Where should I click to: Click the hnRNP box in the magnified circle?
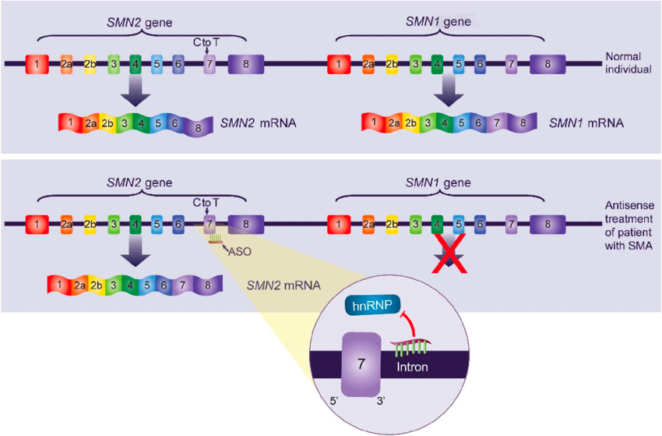[372, 305]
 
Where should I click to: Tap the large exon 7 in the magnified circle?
[361, 364]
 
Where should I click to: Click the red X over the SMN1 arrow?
[449, 253]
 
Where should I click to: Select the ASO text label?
[239, 252]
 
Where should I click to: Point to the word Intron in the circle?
[412, 367]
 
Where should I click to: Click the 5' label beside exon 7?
[333, 400]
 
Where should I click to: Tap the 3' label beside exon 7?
[381, 400]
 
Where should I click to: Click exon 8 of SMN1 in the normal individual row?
[548, 64]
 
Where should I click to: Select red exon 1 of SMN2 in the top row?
[37, 64]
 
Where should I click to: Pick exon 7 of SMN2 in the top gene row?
[210, 64]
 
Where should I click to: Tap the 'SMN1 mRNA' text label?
[586, 123]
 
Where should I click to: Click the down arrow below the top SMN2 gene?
[135, 91]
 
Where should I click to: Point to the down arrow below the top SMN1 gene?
[449, 91]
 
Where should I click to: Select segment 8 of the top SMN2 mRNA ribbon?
[198, 127]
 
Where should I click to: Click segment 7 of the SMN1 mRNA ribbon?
[497, 122]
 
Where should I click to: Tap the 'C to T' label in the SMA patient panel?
[206, 203]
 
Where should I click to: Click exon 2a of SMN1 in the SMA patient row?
[368, 224]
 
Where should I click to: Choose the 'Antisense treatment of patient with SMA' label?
[629, 225]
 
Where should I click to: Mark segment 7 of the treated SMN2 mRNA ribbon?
[182, 285]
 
